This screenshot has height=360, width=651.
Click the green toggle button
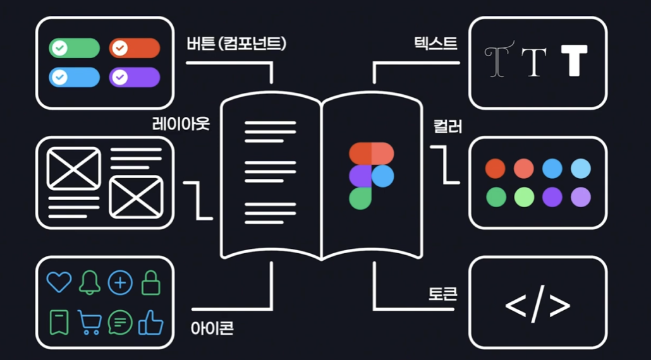coord(74,48)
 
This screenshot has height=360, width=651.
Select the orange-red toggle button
coord(135,48)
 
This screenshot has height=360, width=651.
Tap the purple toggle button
coord(135,77)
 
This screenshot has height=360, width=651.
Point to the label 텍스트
coord(435,44)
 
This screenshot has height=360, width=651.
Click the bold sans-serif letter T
coord(574,61)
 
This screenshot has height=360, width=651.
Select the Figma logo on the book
coord(371,175)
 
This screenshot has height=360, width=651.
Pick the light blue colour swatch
coord(581,169)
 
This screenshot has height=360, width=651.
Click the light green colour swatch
coord(524,197)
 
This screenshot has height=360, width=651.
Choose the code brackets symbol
coord(538,306)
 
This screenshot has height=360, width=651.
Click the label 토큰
coord(442,294)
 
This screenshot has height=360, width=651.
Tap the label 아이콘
coord(212,328)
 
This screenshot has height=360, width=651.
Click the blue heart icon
coord(59,282)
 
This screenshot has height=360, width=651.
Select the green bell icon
coord(90,282)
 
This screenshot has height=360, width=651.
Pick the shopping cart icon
coord(90,322)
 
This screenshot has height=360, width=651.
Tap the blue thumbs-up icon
coord(150,322)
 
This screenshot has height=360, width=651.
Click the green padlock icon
coord(150,282)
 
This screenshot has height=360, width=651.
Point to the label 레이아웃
coord(181,123)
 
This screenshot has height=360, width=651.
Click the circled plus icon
coord(120,282)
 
